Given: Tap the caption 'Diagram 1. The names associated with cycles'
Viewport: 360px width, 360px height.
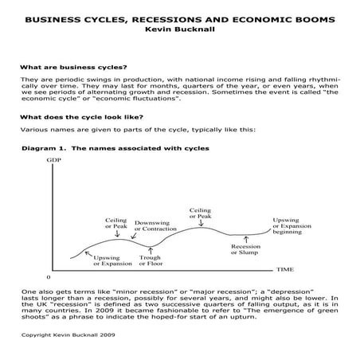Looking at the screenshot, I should [x=115, y=149].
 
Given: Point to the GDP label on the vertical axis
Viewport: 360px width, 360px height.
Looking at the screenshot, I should [x=54, y=160].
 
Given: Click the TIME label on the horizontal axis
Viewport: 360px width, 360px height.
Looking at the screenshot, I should [x=284, y=271].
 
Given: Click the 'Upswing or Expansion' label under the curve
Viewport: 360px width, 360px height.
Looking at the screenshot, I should [x=112, y=260].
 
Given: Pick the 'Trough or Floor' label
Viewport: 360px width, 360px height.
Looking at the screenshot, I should [x=151, y=260].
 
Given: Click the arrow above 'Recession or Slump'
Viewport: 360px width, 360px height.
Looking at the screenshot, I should [x=245, y=238].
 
